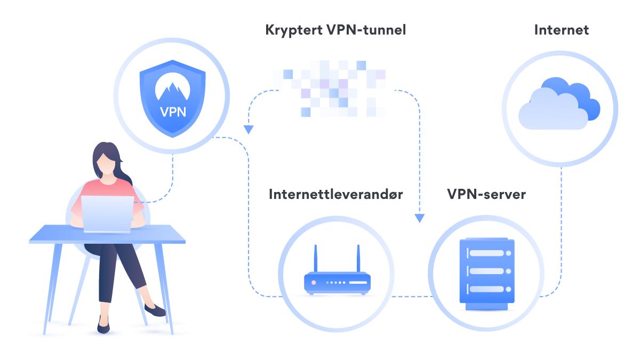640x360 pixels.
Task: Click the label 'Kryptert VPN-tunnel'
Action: [335, 30]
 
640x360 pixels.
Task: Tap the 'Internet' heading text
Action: [561, 30]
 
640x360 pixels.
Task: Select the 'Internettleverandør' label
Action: [336, 194]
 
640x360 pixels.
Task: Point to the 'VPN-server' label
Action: [486, 194]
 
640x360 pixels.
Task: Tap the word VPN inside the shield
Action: [172, 114]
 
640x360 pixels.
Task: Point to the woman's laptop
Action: [107, 213]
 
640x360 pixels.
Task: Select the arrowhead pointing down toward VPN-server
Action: [420, 218]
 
